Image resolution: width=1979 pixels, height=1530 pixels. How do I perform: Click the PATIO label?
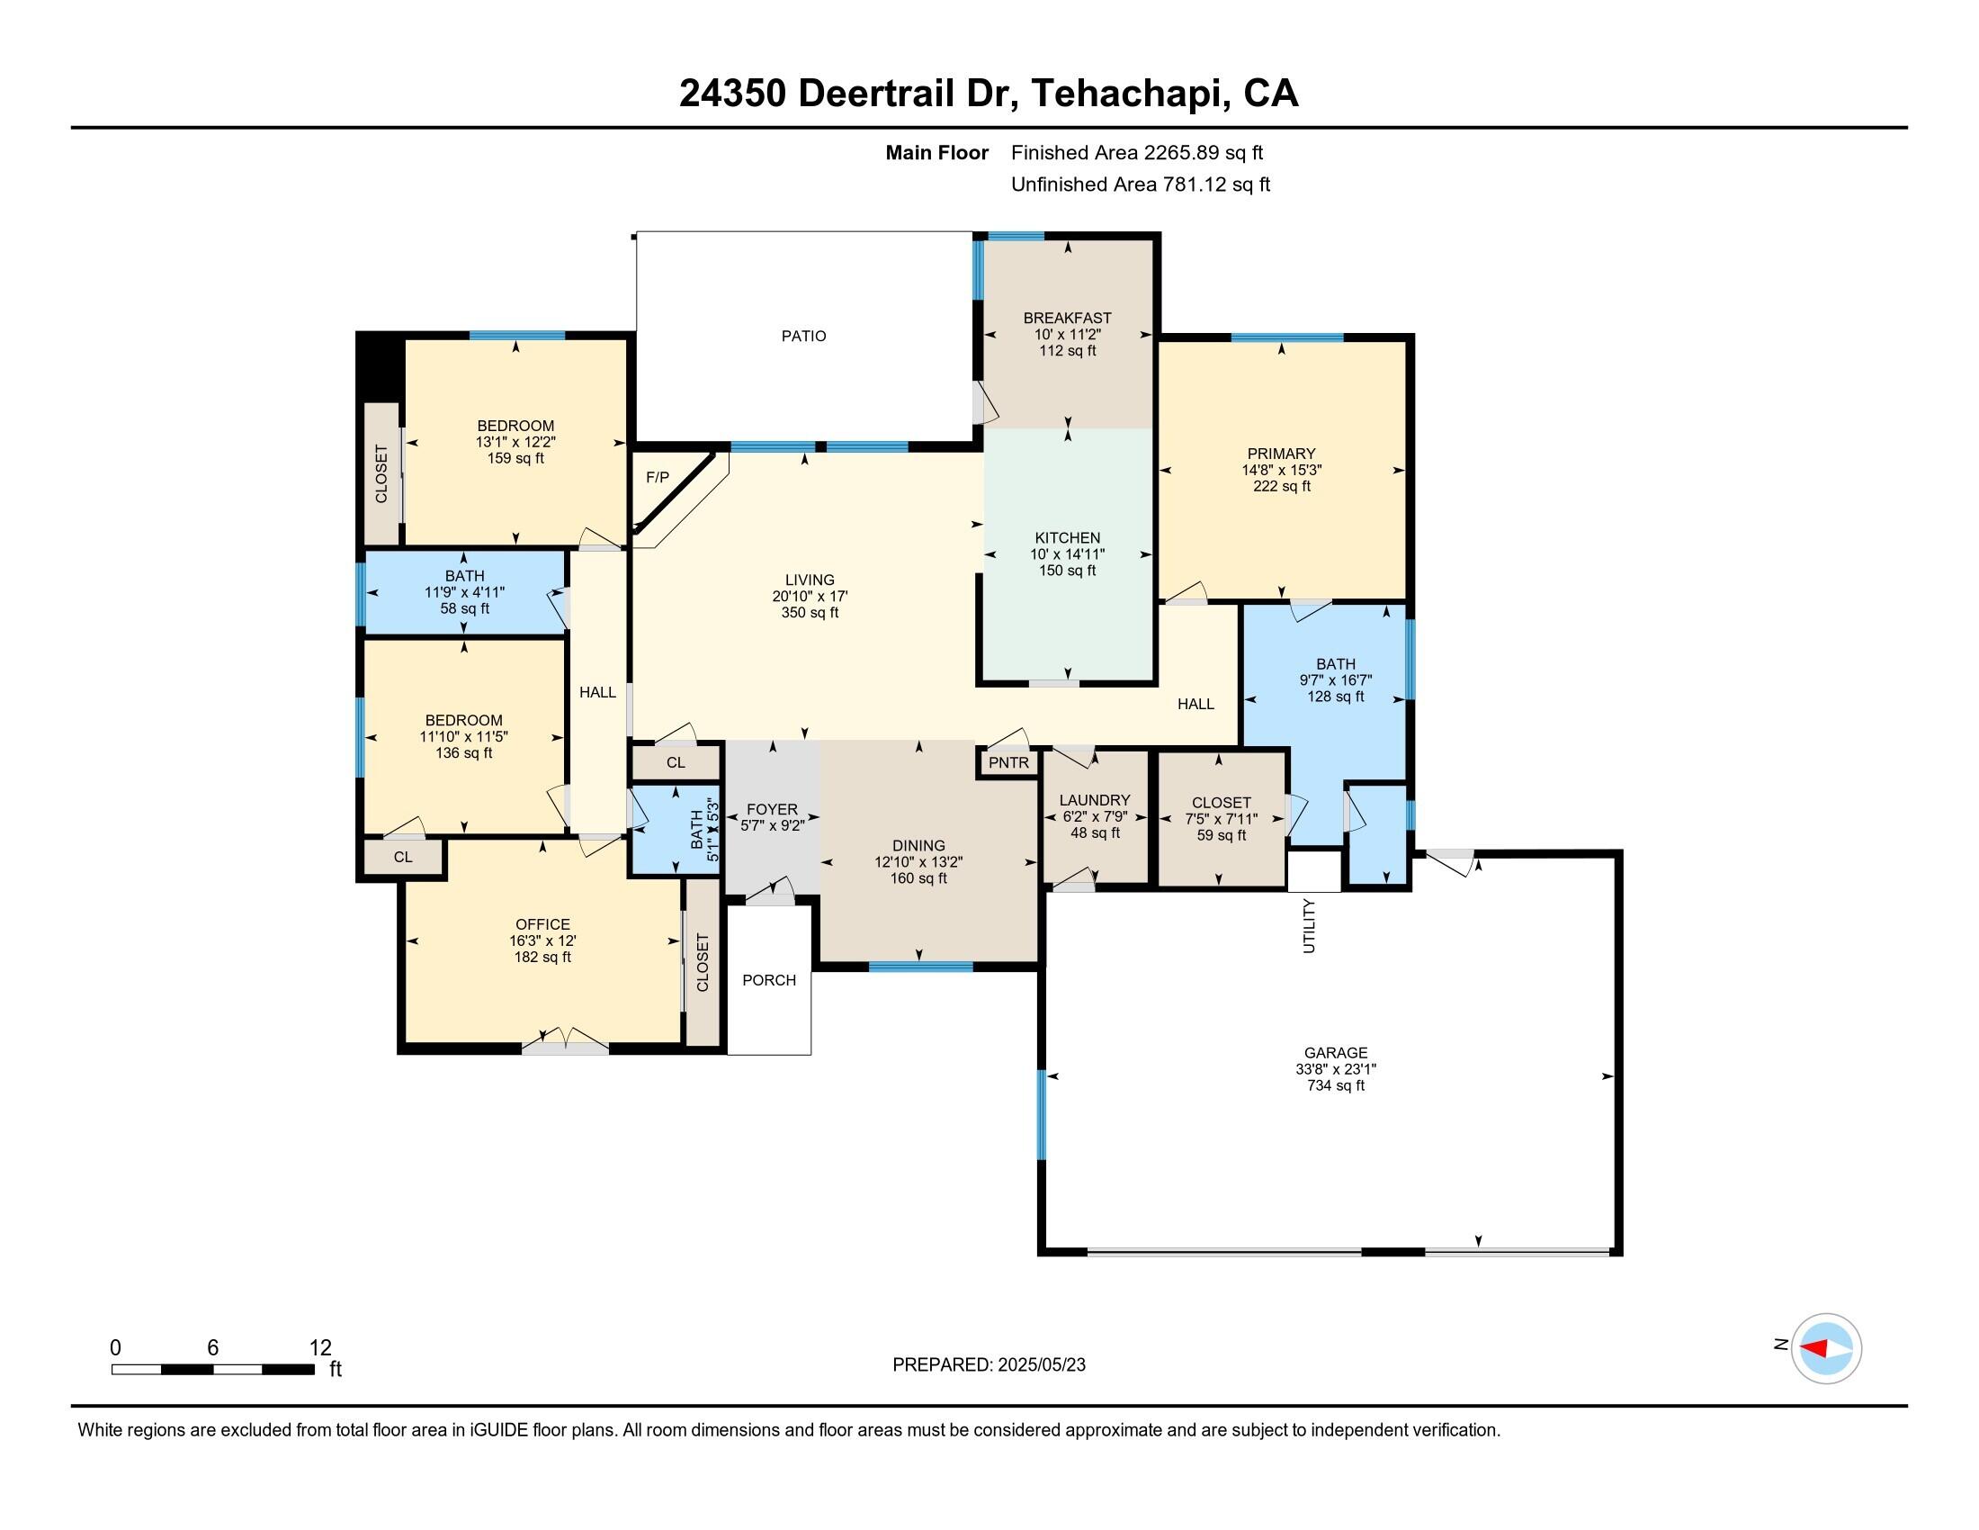tap(803, 337)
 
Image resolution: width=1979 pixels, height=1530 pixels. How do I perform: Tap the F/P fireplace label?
tap(658, 478)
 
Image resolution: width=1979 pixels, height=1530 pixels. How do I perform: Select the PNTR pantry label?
tap(1008, 763)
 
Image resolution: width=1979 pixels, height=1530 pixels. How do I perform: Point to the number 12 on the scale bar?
tap(320, 1348)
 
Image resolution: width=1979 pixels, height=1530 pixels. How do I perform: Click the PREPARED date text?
tap(989, 1365)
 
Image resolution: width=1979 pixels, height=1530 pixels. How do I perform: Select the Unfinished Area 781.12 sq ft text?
tap(1140, 184)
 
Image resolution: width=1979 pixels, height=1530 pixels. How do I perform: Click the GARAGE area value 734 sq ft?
tap(1335, 1086)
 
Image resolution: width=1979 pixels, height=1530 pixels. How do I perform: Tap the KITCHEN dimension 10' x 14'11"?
tap(1068, 554)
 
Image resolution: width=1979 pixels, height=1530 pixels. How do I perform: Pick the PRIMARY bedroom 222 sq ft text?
tap(1281, 487)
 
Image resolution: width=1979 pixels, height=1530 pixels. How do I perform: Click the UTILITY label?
tap(1310, 925)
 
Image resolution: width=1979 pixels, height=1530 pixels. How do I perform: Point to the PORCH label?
tap(769, 981)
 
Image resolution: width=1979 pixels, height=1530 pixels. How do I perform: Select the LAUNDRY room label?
tap(1095, 800)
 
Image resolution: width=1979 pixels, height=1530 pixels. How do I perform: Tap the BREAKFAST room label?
tap(1068, 318)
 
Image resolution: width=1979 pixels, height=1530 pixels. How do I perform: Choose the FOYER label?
tap(772, 809)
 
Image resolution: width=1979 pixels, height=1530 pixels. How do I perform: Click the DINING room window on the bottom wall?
tap(920, 967)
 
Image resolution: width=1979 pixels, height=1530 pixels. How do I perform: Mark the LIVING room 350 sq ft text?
tap(810, 613)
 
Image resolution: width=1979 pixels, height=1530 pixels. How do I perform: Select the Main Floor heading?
tap(937, 153)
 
